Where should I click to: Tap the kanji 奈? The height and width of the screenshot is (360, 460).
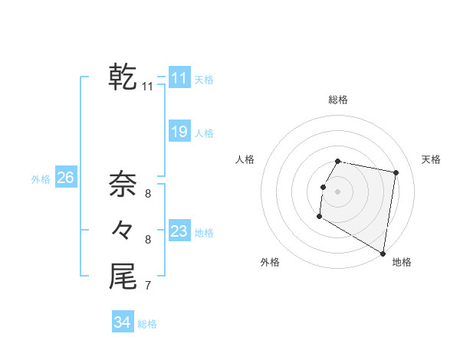123,183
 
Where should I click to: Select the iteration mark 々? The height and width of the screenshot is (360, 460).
123,230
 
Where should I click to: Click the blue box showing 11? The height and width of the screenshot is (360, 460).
179,77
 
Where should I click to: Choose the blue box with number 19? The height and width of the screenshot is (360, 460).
179,132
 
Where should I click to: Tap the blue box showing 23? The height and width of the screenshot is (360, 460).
179,231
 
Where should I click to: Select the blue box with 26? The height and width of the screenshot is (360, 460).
65,178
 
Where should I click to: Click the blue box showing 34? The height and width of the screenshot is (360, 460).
122,322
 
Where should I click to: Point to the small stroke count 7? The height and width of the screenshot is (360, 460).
147,286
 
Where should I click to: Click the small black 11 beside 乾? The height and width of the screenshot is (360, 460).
147,87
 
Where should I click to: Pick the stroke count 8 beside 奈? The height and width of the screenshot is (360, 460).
147,193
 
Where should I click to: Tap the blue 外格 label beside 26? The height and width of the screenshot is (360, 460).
41,179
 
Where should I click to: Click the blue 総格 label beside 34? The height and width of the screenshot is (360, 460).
147,324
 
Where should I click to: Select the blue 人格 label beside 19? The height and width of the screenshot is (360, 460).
204,133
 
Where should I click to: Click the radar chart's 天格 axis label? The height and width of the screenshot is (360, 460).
431,159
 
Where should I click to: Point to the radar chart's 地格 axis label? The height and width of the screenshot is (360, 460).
402,262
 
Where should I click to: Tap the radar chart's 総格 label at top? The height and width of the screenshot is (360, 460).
338,100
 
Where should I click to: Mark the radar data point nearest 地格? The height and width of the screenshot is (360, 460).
383,253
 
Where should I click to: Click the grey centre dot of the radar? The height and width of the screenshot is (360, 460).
337,191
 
